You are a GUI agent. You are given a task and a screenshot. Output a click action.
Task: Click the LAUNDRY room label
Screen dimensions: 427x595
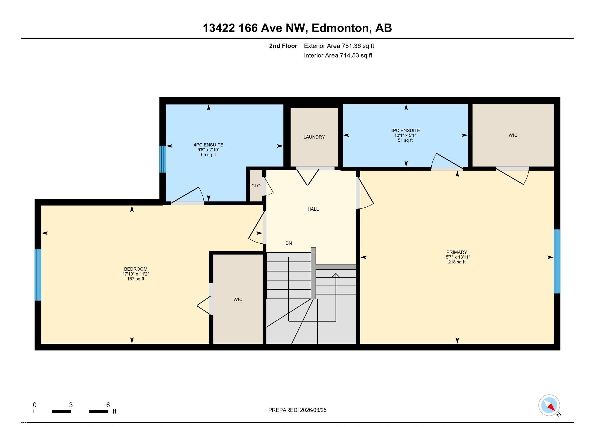(314, 137)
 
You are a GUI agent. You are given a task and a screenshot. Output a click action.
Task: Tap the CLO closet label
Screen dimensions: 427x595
(256, 186)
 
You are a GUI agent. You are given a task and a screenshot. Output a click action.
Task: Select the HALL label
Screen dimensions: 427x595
(313, 209)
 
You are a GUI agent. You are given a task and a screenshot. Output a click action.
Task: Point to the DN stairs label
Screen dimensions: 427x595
(289, 243)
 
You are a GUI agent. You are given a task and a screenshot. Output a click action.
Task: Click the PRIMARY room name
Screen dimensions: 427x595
(457, 252)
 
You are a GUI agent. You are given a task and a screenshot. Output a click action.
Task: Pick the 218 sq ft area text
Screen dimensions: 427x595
(457, 262)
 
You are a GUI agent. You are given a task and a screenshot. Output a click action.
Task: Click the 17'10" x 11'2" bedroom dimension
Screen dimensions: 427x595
(135, 274)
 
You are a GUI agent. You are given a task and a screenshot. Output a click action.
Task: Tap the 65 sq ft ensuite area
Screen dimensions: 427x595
(208, 155)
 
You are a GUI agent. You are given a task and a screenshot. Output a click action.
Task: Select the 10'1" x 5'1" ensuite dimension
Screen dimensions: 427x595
(405, 135)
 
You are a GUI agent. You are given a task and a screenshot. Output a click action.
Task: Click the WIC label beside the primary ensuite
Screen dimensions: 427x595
(513, 135)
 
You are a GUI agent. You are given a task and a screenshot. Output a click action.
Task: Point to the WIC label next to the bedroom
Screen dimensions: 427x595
(238, 299)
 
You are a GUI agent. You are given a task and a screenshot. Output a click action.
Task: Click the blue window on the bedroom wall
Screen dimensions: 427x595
(38, 275)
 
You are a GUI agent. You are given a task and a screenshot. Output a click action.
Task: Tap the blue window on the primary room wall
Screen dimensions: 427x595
(557, 261)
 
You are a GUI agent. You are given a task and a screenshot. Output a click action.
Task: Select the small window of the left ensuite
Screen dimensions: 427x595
(162, 159)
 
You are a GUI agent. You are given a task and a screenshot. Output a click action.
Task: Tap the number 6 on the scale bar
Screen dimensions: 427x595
(108, 405)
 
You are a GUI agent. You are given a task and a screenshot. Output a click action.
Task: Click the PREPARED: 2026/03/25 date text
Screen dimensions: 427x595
(297, 410)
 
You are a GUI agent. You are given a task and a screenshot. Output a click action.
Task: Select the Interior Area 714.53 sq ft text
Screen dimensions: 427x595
(338, 55)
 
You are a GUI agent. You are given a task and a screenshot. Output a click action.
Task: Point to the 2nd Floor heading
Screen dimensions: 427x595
(283, 46)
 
